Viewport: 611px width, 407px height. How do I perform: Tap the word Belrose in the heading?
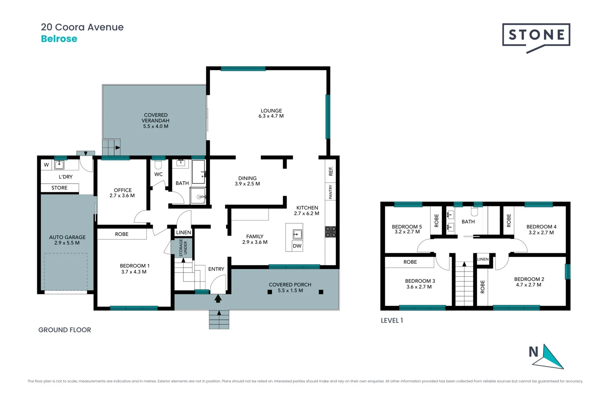59,39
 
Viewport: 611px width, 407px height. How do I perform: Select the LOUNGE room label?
271,111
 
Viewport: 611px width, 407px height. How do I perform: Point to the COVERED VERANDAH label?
156,118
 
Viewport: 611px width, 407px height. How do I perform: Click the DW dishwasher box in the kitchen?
297,246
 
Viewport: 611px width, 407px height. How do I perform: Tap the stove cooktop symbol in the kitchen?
330,232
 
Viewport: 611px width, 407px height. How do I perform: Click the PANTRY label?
330,192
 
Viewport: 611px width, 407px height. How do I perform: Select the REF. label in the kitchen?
330,171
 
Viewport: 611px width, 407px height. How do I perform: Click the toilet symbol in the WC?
158,165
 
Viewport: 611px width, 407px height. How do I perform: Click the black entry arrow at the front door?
218,298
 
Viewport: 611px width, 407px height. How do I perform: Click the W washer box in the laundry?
46,165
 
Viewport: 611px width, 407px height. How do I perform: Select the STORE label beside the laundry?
60,188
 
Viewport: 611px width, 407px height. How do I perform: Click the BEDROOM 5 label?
407,226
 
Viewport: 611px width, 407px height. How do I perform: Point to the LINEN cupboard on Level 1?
483,259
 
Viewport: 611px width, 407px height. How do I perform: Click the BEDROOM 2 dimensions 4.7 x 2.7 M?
528,285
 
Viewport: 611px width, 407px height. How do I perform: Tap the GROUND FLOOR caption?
64,330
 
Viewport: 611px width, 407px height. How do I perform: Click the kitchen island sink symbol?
297,234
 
